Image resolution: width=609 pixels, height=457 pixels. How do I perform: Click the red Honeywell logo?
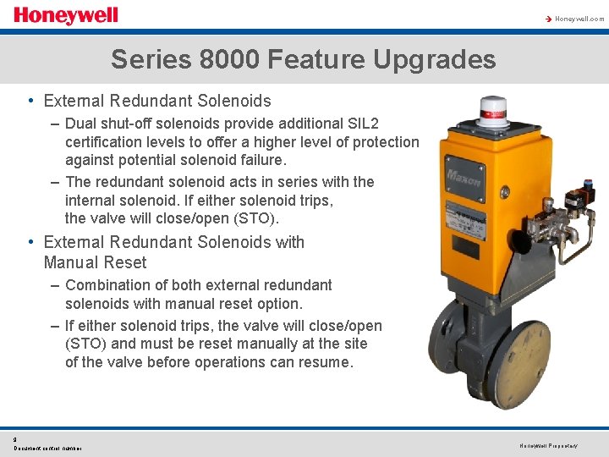pyautogui.click(x=65, y=16)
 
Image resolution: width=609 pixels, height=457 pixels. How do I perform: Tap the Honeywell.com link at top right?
pyautogui.click(x=579, y=19)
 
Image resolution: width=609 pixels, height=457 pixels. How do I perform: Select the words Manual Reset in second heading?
pyautogui.click(x=95, y=262)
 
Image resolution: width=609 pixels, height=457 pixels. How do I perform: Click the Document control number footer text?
pyautogui.click(x=47, y=448)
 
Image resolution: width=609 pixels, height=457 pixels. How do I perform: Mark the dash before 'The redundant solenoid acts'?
pyautogui.click(x=54, y=182)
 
